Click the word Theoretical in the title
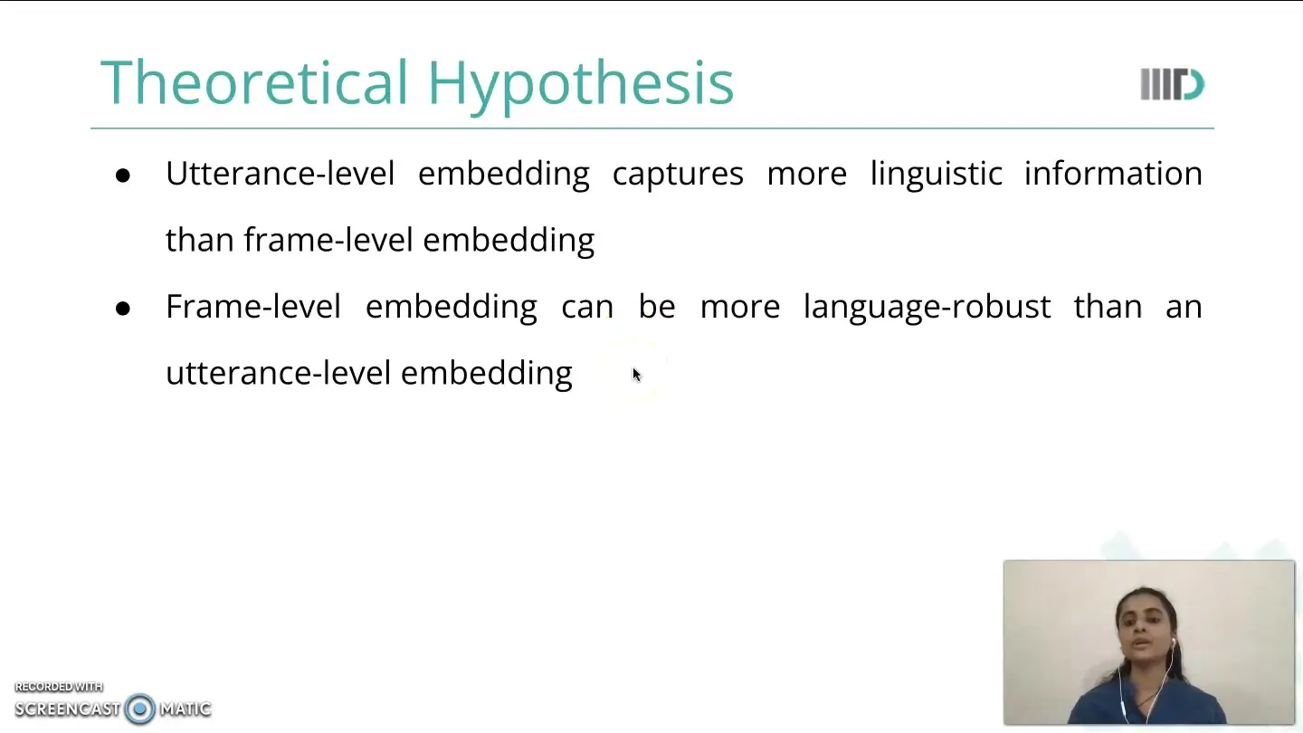[253, 82]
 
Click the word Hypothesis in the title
[581, 86]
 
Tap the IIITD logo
[1172, 84]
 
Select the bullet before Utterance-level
[123, 176]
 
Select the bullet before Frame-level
[123, 309]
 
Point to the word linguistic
[936, 175]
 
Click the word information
[1113, 174]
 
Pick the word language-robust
[927, 308]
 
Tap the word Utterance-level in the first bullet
[281, 174]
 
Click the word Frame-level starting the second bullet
[253, 306]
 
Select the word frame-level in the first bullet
[328, 240]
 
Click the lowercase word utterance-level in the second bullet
[278, 373]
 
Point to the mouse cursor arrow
[637, 376]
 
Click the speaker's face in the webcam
[1144, 631]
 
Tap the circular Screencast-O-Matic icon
[139, 709]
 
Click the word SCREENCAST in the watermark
[68, 709]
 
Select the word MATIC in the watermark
[185, 709]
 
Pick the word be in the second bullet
[657, 306]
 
